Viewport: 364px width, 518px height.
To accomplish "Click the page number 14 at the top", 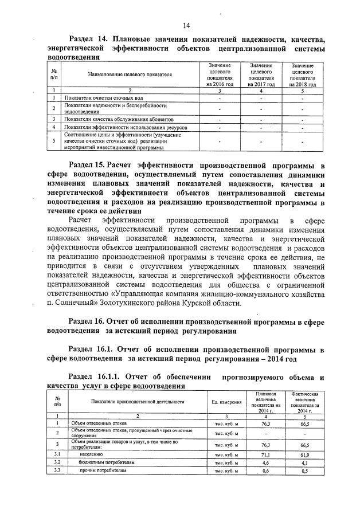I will [186, 25].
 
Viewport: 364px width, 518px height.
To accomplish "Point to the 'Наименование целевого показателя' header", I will [130, 75].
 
